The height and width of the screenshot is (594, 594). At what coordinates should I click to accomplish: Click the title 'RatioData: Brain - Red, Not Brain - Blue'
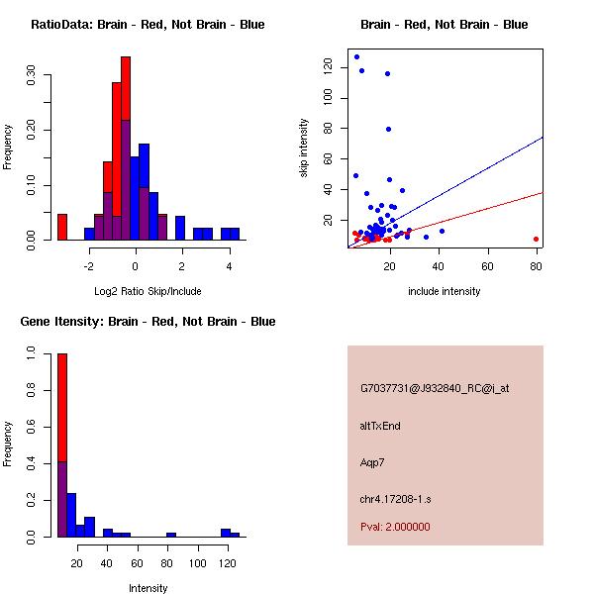tap(148, 25)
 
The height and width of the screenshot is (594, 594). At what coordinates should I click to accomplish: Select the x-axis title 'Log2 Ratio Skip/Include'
tap(148, 291)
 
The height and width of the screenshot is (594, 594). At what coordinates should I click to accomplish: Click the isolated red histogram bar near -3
tap(61, 227)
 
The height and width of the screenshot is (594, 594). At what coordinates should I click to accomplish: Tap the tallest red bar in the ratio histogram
tap(126, 148)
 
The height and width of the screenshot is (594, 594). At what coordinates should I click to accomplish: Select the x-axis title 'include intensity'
tap(445, 291)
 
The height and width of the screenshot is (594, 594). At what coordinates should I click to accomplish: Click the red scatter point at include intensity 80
tap(536, 239)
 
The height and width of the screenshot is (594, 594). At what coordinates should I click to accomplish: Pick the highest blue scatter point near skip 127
tap(356, 56)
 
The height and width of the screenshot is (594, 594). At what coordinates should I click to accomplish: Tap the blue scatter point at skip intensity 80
tap(388, 129)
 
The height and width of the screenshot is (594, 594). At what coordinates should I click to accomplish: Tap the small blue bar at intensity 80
tap(171, 535)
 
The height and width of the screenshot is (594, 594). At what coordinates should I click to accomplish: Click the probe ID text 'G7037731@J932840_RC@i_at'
tap(435, 389)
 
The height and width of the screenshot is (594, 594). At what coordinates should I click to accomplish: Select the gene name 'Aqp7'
tap(373, 462)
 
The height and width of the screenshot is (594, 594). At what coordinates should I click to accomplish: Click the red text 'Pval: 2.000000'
tap(395, 527)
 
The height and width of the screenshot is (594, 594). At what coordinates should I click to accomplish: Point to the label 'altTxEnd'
tap(380, 426)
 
